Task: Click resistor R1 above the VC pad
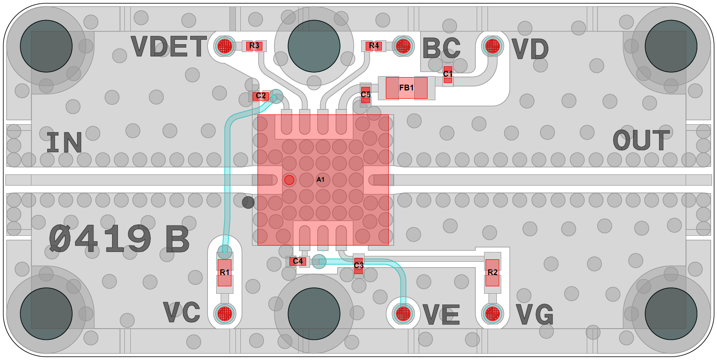[x=225, y=272]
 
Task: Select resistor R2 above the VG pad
[x=492, y=273]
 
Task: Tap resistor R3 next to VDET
[x=254, y=46]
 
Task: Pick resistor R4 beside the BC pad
[x=374, y=46]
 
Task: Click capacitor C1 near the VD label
[x=448, y=74]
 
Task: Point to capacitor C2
[x=260, y=96]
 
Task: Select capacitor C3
[x=358, y=266]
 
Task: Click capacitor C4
[x=298, y=261]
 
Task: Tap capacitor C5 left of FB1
[x=365, y=94]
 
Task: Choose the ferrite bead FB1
[x=406, y=88]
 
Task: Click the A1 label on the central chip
[x=320, y=180]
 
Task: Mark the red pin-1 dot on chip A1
[x=289, y=180]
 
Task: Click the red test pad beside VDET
[x=225, y=46]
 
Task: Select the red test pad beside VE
[x=403, y=313]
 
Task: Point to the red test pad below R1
[x=225, y=313]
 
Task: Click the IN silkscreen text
[x=64, y=142]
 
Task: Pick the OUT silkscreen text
[x=641, y=141]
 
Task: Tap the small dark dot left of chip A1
[x=248, y=202]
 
